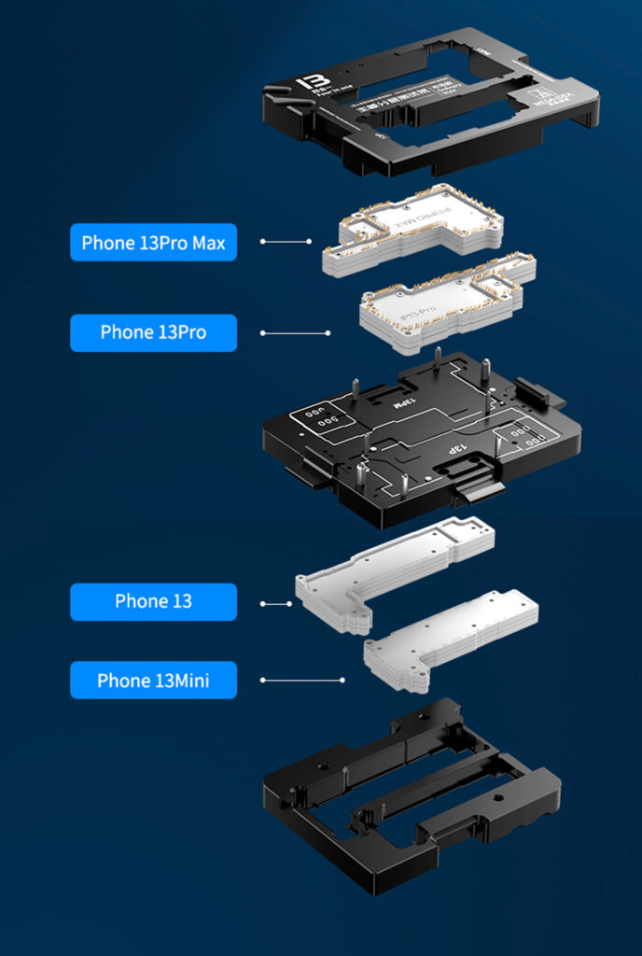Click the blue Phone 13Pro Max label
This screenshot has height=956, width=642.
coord(153,243)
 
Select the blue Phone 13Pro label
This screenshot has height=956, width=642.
coord(153,332)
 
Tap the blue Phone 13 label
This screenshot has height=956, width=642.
coord(153,601)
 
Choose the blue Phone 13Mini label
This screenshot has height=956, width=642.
coord(153,681)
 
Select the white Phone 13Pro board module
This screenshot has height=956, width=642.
coord(446,301)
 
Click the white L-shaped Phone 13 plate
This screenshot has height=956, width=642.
coord(392,569)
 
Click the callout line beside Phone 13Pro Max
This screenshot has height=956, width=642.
coord(286,242)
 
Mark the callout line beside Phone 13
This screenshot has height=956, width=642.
coord(275,604)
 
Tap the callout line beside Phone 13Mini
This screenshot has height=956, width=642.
coord(302,681)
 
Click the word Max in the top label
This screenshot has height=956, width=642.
coord(210,243)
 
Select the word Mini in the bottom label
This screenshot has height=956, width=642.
coord(190,681)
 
